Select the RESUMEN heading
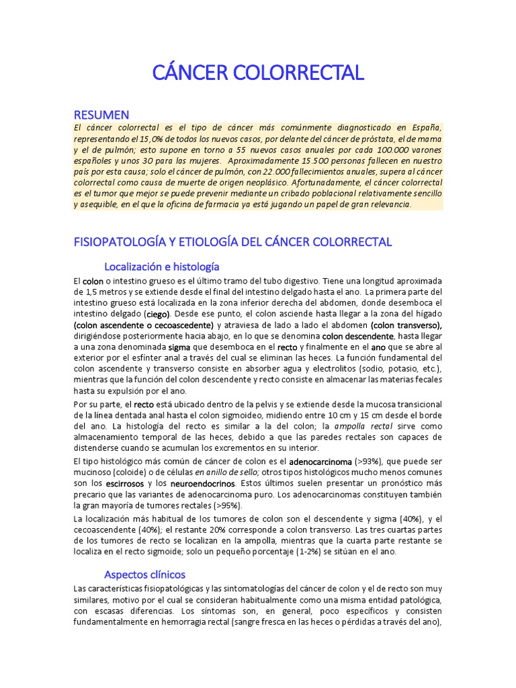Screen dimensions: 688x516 click(101, 115)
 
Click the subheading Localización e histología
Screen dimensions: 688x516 click(161, 267)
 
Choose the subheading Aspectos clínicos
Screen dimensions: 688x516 click(144, 574)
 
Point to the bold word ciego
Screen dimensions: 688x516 click(158, 314)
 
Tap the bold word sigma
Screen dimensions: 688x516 click(179, 347)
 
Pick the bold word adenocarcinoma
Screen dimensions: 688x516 click(320, 462)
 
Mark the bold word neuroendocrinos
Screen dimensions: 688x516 click(204, 483)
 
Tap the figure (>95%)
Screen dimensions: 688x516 click(227, 505)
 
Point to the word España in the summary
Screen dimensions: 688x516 click(423, 127)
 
